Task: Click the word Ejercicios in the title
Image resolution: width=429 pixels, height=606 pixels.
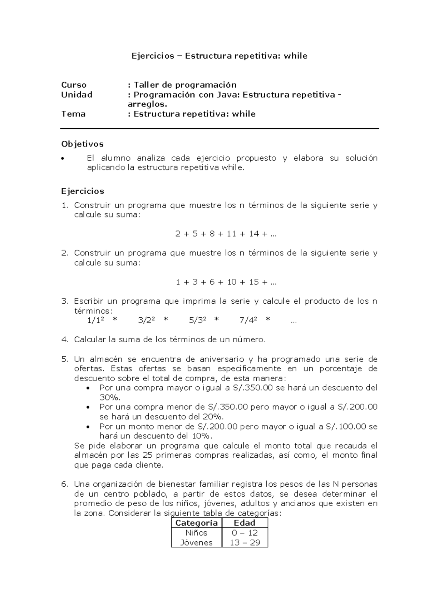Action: (x=153, y=56)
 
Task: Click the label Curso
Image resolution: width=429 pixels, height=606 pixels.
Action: (x=74, y=85)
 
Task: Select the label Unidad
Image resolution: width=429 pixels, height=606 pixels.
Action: (x=77, y=95)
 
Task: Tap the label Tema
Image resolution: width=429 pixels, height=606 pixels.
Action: (x=73, y=114)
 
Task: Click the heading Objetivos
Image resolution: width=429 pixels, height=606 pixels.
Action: (x=82, y=144)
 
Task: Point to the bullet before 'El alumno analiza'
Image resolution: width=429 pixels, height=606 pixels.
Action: (x=63, y=159)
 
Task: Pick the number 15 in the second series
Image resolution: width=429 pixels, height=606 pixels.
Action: (x=253, y=282)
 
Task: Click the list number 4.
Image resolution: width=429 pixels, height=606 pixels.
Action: (x=64, y=339)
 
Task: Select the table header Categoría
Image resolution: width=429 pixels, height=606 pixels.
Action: (x=196, y=523)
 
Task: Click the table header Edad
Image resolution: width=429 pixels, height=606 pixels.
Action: (x=245, y=523)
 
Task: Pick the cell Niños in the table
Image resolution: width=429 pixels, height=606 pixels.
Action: (x=196, y=533)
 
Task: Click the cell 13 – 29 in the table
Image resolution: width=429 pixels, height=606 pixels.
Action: (x=245, y=542)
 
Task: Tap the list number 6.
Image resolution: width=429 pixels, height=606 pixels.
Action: (x=64, y=484)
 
